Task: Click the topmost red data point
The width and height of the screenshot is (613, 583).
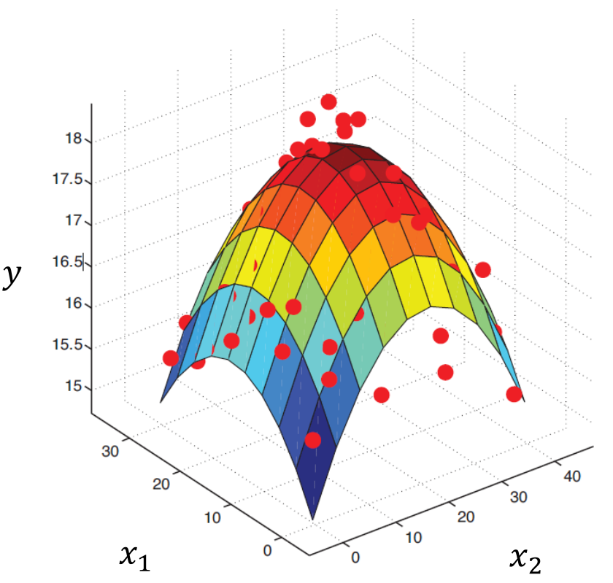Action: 328,101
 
